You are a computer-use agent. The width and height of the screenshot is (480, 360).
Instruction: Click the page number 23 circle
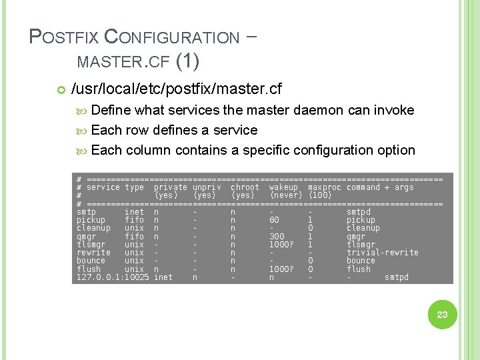pos(442,314)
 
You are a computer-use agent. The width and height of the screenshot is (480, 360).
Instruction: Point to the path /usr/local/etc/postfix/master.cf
pos(176,89)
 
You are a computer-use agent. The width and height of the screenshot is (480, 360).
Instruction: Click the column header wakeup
pos(283,187)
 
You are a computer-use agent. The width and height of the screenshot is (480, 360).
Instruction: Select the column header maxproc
pos(324,187)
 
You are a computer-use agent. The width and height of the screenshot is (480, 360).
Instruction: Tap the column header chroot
pos(245,187)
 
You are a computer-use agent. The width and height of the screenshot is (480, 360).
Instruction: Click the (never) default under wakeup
pos(286,195)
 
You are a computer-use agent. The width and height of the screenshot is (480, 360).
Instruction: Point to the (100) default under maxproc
pos(320,195)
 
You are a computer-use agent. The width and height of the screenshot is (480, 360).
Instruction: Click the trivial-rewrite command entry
pos(382,253)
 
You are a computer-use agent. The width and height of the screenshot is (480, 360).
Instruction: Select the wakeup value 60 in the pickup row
pos(274,220)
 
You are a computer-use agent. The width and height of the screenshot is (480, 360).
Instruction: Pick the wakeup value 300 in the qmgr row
pos(276,236)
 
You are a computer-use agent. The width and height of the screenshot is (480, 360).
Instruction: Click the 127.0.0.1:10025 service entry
pos(112,277)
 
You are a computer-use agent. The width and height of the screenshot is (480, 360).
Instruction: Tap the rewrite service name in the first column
pos(93,253)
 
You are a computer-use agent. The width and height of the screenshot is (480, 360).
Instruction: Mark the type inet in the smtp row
pos(134,212)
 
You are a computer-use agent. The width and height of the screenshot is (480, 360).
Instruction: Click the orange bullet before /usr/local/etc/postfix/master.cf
pos(61,89)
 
